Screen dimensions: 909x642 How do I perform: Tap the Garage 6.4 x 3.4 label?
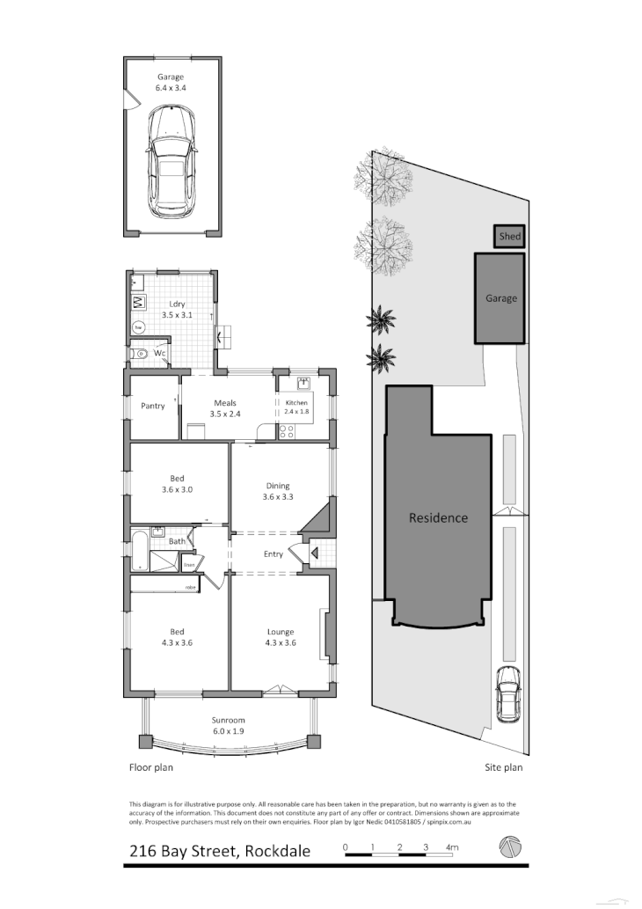tap(171, 83)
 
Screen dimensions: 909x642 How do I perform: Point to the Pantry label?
tap(153, 406)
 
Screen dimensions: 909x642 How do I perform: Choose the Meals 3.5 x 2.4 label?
tap(225, 408)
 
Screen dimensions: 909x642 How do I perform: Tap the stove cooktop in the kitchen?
tap(287, 431)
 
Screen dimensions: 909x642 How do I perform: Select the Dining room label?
tap(278, 491)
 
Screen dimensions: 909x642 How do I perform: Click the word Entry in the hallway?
tap(274, 553)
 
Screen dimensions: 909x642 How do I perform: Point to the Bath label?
tap(177, 541)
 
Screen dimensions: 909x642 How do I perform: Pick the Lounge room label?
tap(281, 637)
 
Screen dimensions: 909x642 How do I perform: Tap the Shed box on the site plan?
tap(509, 237)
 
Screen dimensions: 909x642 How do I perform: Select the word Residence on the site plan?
tap(438, 517)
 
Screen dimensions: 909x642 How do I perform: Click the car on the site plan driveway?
tap(508, 693)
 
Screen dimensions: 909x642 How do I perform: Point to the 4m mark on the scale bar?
tap(452, 847)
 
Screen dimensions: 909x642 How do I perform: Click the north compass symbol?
tap(510, 847)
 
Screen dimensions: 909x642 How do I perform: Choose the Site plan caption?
tap(504, 767)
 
